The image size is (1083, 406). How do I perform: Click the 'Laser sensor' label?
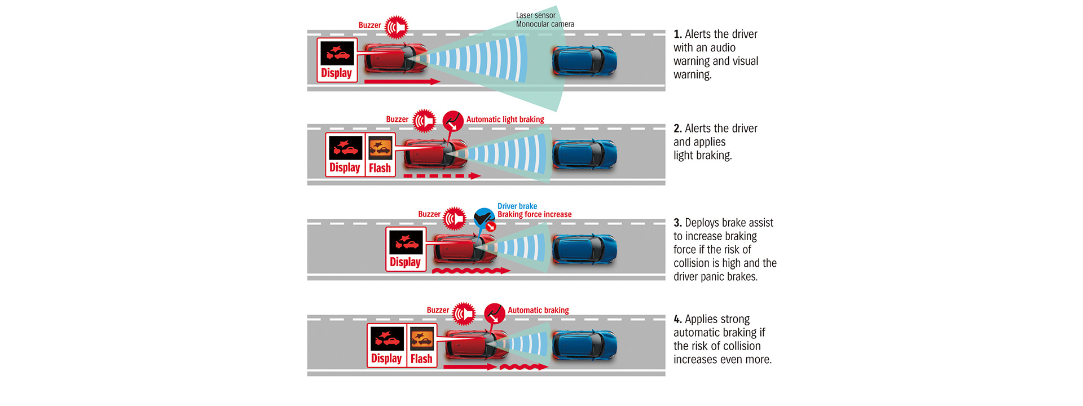(x=535, y=15)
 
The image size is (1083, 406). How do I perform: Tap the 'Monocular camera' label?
(x=545, y=24)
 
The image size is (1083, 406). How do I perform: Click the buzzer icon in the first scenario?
(x=397, y=27)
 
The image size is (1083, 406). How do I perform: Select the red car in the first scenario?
(x=395, y=58)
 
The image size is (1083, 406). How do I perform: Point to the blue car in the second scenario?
(x=584, y=155)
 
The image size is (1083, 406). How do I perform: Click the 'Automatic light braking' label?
(x=505, y=120)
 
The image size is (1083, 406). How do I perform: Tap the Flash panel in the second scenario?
(x=380, y=155)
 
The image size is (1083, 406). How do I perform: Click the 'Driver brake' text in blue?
(x=517, y=206)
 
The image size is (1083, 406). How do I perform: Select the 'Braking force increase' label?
(x=534, y=214)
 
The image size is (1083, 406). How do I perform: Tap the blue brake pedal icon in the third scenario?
(x=484, y=218)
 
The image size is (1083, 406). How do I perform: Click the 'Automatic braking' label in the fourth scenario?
(x=538, y=310)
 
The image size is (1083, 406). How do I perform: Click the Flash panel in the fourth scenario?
(x=422, y=345)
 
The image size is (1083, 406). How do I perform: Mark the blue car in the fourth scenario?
(x=584, y=345)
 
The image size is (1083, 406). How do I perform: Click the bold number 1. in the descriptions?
(x=677, y=34)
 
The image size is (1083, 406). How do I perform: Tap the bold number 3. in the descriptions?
(x=677, y=223)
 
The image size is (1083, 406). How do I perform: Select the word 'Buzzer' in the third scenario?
(x=429, y=214)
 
